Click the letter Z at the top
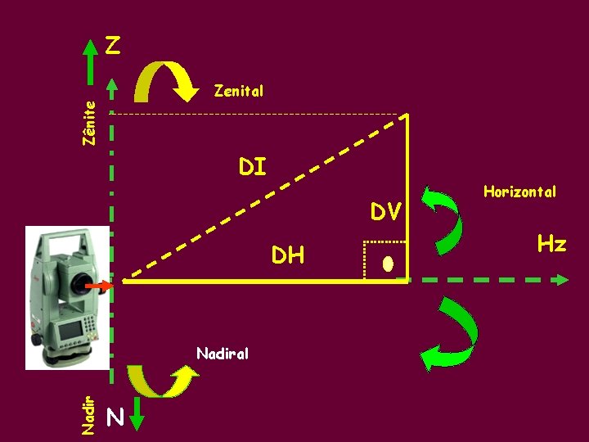[114, 45]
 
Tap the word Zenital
[238, 90]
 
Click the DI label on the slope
[252, 167]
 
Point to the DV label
[385, 212]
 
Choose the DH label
[288, 255]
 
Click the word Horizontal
[519, 192]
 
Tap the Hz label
[551, 243]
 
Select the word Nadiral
[223, 354]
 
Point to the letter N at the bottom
[115, 418]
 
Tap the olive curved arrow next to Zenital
[167, 83]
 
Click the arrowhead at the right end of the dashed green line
[560, 280]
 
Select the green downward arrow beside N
[137, 413]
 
